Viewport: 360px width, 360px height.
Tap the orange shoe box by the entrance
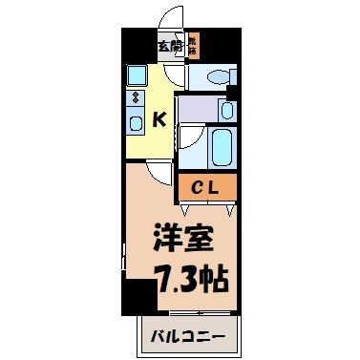192,44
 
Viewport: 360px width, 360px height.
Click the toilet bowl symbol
211,76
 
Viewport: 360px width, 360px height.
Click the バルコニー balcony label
187,337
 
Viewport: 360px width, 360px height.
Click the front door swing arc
170,19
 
